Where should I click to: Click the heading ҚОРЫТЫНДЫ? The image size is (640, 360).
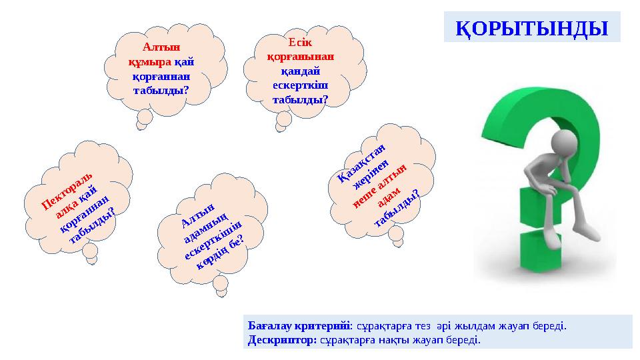pyautogui.click(x=531, y=29)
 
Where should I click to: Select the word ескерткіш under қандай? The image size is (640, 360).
pyautogui.click(x=300, y=86)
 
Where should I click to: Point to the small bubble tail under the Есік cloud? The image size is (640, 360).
pyautogui.click(x=283, y=121)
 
